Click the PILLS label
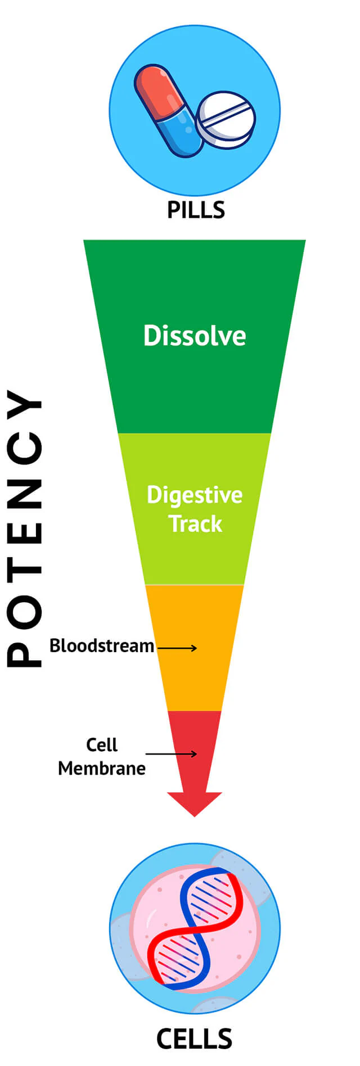coord(196,210)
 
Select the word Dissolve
coord(195,336)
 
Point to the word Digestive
coord(195,495)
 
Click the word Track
coord(196,524)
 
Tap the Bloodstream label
coord(102,645)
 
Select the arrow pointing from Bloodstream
coord(177,648)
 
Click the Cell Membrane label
coord(102,756)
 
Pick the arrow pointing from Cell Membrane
coord(171,753)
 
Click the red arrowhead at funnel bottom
coord(195,803)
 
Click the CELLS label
coord(194,1039)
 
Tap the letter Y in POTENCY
coord(24,404)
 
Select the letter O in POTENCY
coord(24,609)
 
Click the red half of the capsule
coord(157,90)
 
